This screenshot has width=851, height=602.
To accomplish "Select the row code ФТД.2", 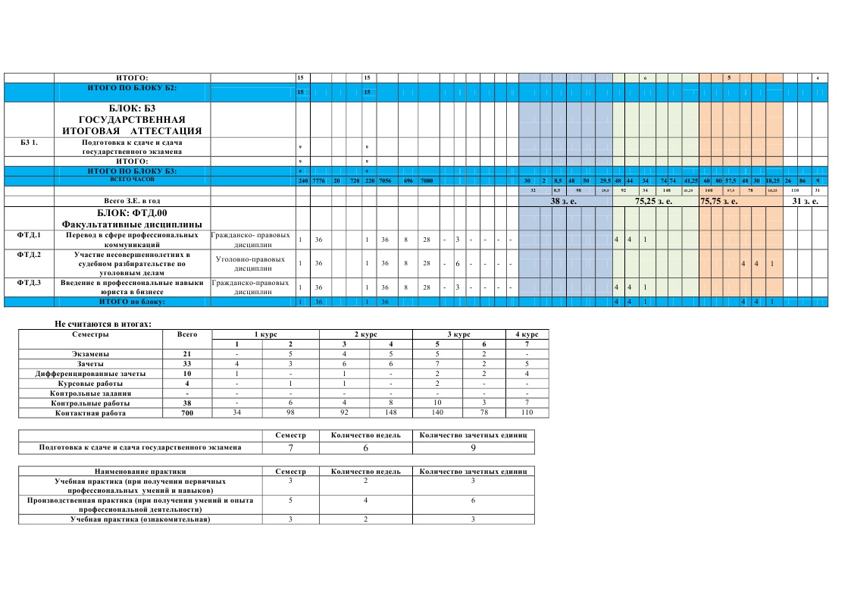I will (x=29, y=255).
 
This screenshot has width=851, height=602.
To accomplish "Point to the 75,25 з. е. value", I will (x=654, y=201).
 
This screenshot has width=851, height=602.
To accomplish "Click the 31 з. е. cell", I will (x=806, y=201).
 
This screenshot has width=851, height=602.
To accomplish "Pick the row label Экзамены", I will (x=90, y=354).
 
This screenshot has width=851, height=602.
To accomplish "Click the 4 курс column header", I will (x=526, y=334).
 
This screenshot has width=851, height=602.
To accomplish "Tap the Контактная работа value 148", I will (x=390, y=413).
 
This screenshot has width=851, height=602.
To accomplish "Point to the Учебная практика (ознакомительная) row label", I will (x=139, y=519).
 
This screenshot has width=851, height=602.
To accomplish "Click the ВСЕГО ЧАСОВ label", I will (x=132, y=180).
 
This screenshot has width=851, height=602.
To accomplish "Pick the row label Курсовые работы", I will (x=90, y=384).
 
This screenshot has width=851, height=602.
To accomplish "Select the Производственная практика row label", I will (x=140, y=505).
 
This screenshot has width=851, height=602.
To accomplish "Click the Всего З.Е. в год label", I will (x=132, y=201).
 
